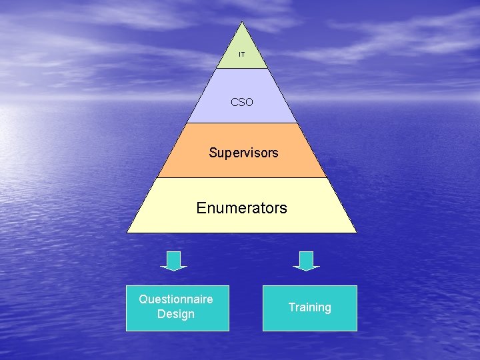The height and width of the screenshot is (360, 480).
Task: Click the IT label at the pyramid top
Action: click(242, 54)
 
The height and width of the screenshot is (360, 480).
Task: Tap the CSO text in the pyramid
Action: click(242, 103)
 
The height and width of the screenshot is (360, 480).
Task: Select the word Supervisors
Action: click(243, 153)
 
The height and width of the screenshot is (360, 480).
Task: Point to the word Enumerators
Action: click(241, 208)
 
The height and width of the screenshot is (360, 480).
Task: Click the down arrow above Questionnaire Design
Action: click(174, 261)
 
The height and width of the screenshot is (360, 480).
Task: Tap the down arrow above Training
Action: click(307, 261)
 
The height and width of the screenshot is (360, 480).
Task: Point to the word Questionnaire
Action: click(176, 299)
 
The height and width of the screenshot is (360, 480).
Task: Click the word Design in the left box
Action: click(176, 314)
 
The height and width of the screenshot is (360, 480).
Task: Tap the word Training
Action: click(309, 307)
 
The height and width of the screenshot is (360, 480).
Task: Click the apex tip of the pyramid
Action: click(242, 22)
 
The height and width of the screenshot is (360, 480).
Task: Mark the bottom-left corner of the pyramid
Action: click(128, 232)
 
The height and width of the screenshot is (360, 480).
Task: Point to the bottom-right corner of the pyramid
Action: click(356, 232)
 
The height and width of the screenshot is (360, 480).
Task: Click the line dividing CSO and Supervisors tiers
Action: click(242, 123)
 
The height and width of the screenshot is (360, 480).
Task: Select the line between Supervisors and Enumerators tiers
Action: click(242, 177)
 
